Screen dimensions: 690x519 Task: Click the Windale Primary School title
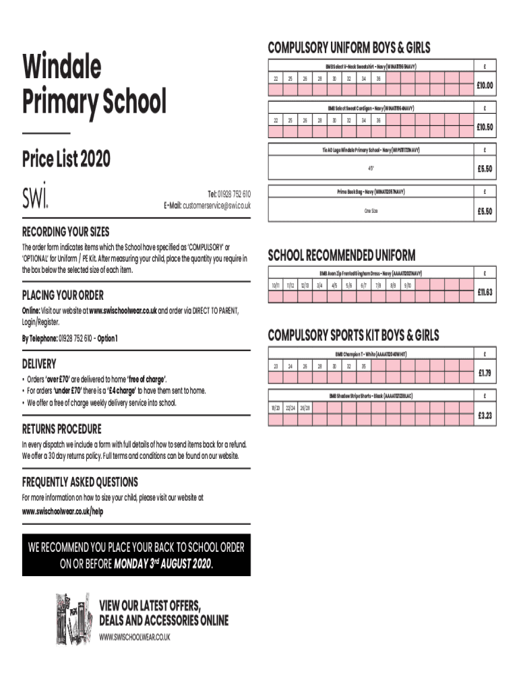click(94, 84)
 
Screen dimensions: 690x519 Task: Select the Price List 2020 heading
click(66, 160)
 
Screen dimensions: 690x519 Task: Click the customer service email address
click(216, 206)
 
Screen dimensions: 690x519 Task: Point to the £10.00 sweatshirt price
click(485, 86)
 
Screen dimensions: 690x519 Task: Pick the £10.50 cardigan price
click(485, 127)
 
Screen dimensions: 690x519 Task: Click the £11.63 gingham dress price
click(485, 292)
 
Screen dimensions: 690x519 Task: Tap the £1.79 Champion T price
click(485, 373)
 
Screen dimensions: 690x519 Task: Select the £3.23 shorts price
click(485, 416)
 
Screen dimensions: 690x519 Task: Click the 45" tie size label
click(371, 168)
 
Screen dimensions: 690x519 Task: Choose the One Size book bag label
click(371, 211)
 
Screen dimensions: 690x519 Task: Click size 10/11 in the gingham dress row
click(276, 286)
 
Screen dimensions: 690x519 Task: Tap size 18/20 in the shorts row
click(276, 409)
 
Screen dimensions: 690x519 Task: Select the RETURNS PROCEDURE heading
click(62, 429)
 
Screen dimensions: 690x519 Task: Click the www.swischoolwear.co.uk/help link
click(63, 511)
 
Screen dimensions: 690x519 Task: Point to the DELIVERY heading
click(39, 364)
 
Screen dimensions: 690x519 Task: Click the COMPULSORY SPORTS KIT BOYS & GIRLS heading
click(353, 335)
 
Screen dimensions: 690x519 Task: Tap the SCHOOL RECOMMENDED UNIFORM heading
click(342, 255)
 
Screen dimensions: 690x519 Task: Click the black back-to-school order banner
click(136, 555)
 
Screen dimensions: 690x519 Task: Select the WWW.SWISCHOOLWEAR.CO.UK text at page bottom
click(135, 637)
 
